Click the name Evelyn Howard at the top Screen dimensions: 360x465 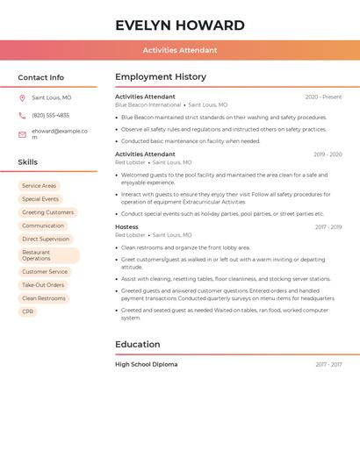point(180,25)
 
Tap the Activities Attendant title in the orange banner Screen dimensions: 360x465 point(180,50)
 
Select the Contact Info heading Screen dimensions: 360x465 point(41,77)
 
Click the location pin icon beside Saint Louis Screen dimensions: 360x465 point(22,97)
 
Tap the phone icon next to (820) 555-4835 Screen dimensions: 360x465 point(22,115)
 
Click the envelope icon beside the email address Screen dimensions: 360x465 point(22,134)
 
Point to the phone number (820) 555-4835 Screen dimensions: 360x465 point(50,115)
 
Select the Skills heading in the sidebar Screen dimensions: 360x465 point(28,162)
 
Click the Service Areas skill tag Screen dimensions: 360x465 point(39,186)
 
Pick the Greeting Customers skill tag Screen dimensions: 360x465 point(47,212)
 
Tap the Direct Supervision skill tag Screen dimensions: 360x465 point(46,239)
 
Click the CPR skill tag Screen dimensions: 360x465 point(28,311)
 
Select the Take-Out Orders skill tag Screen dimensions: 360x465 point(43,285)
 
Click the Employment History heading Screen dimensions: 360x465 point(161,77)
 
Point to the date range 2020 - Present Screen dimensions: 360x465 point(323,97)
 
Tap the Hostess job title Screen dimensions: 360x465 point(126,227)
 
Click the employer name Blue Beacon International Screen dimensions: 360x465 point(148,104)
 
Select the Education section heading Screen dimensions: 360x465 point(138,344)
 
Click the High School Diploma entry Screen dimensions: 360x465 point(146,364)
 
